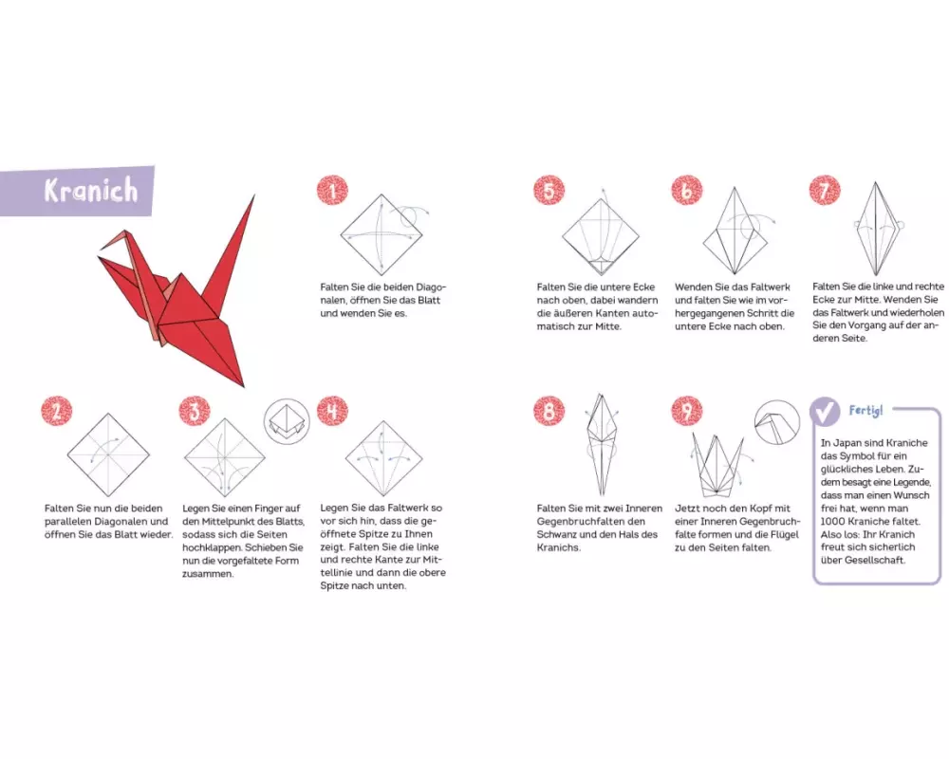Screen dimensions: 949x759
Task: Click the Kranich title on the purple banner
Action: tap(91, 191)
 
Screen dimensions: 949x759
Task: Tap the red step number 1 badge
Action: tap(332, 191)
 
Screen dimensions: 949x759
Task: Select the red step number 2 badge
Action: tap(56, 412)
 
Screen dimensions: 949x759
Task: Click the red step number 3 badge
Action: tap(195, 412)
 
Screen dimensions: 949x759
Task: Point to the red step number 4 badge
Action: tap(332, 412)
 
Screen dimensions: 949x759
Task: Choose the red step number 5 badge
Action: tap(549, 191)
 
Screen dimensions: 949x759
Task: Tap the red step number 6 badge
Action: tap(687, 191)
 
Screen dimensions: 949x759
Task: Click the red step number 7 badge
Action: tap(825, 191)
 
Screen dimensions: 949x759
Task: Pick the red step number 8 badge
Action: tap(549, 412)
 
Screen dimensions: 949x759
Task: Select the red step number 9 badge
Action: tap(687, 412)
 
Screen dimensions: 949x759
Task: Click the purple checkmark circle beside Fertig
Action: tap(825, 412)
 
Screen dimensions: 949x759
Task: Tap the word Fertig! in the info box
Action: tap(865, 411)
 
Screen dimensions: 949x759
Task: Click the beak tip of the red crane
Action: tap(102, 248)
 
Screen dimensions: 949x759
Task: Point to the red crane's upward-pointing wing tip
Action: tap(253, 196)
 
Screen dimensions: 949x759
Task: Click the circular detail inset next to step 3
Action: tap(287, 421)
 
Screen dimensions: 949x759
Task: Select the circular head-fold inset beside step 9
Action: tap(778, 422)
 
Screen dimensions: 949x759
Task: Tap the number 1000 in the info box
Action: tap(834, 521)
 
